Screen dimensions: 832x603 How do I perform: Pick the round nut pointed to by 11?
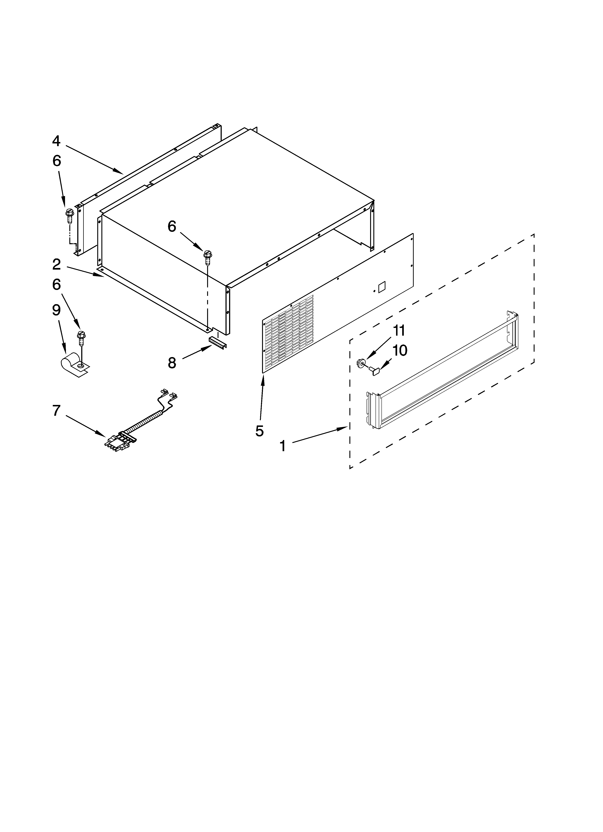click(x=361, y=363)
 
